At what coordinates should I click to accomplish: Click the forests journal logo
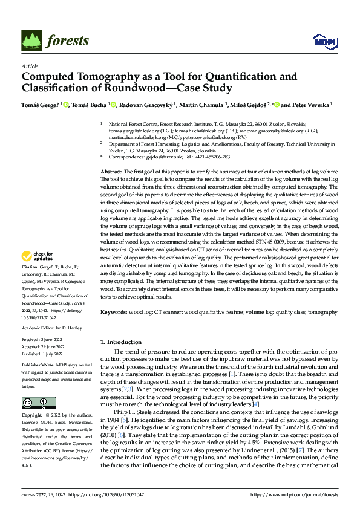pos(55,41)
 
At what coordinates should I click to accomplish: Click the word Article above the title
pos(30,66)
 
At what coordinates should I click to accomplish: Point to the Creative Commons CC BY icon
pos(38,403)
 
